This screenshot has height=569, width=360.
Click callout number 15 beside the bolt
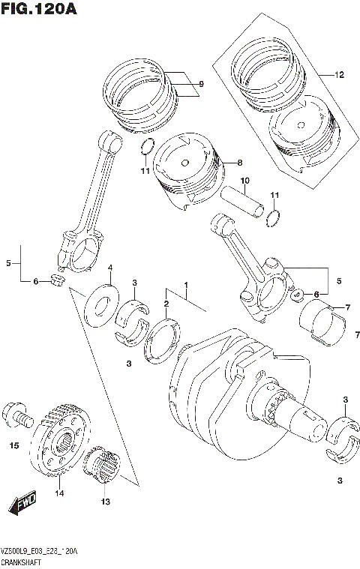tap(13, 446)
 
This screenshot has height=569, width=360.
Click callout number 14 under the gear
tap(58, 493)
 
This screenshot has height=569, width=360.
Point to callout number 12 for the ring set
tap(339, 75)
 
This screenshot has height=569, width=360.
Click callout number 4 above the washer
tap(109, 268)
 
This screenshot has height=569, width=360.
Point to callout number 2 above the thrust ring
tap(166, 303)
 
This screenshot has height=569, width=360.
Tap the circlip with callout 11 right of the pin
tap(274, 218)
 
